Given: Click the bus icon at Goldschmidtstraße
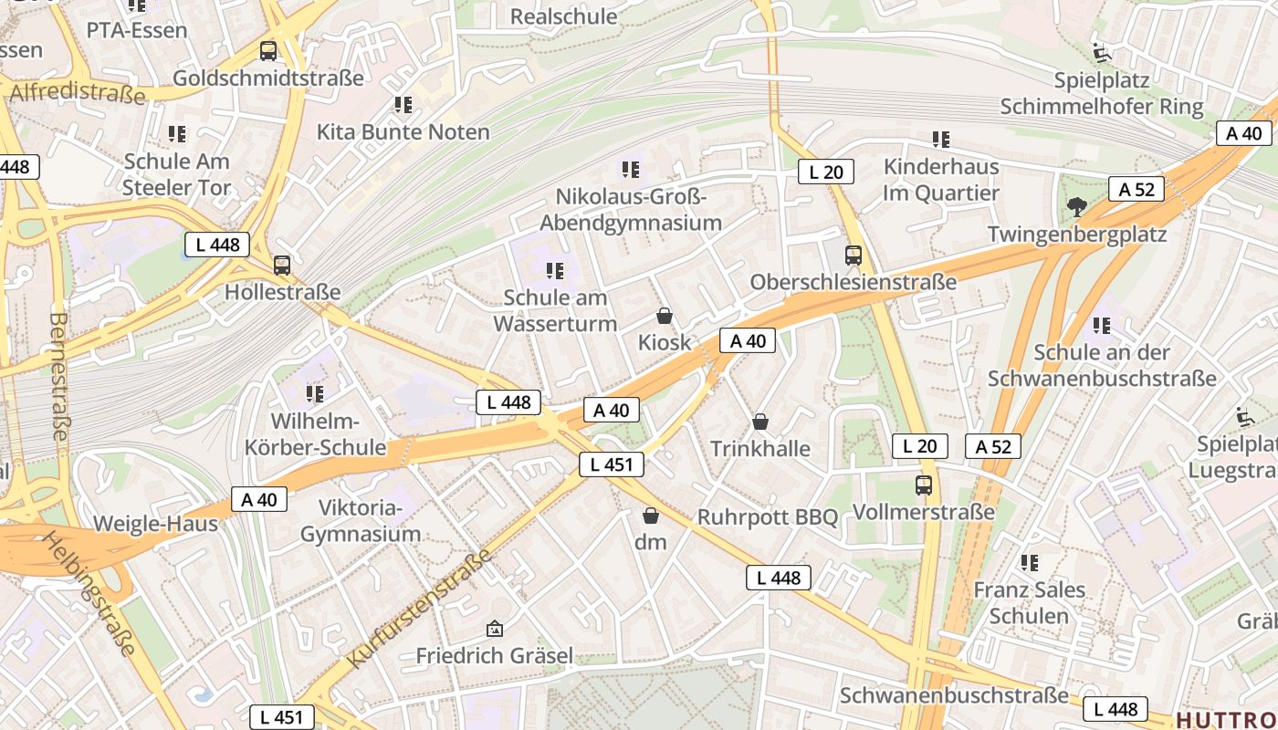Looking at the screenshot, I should pos(267,51).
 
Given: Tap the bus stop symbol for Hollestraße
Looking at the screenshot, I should pos(282,266).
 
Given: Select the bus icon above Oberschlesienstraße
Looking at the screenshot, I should pos(854,255).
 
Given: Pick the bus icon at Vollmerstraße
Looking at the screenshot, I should pos(924,485).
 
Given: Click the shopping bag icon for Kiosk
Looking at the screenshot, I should pos(665,317).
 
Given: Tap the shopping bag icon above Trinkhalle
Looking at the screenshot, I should pos(759,422).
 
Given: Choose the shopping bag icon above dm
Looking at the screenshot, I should pos(651,516).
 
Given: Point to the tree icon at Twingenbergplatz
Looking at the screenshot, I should pos(1077,207).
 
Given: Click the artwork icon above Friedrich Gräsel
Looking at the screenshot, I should pos(495,629).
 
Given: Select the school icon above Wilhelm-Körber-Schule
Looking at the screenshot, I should pos(315,394).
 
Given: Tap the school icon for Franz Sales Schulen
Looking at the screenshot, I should pos(1030,563).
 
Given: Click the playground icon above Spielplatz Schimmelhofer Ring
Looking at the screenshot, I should pos(1102,53).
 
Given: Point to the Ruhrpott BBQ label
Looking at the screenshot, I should pos(767,516).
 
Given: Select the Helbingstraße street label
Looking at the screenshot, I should pos(88,593).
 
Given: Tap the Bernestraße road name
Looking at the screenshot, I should pos(58,376).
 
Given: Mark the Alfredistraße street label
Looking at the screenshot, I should pos(77,92).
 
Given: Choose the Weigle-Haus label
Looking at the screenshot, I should pos(155,524).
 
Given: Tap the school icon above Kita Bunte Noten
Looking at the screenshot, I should pos(403,105).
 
